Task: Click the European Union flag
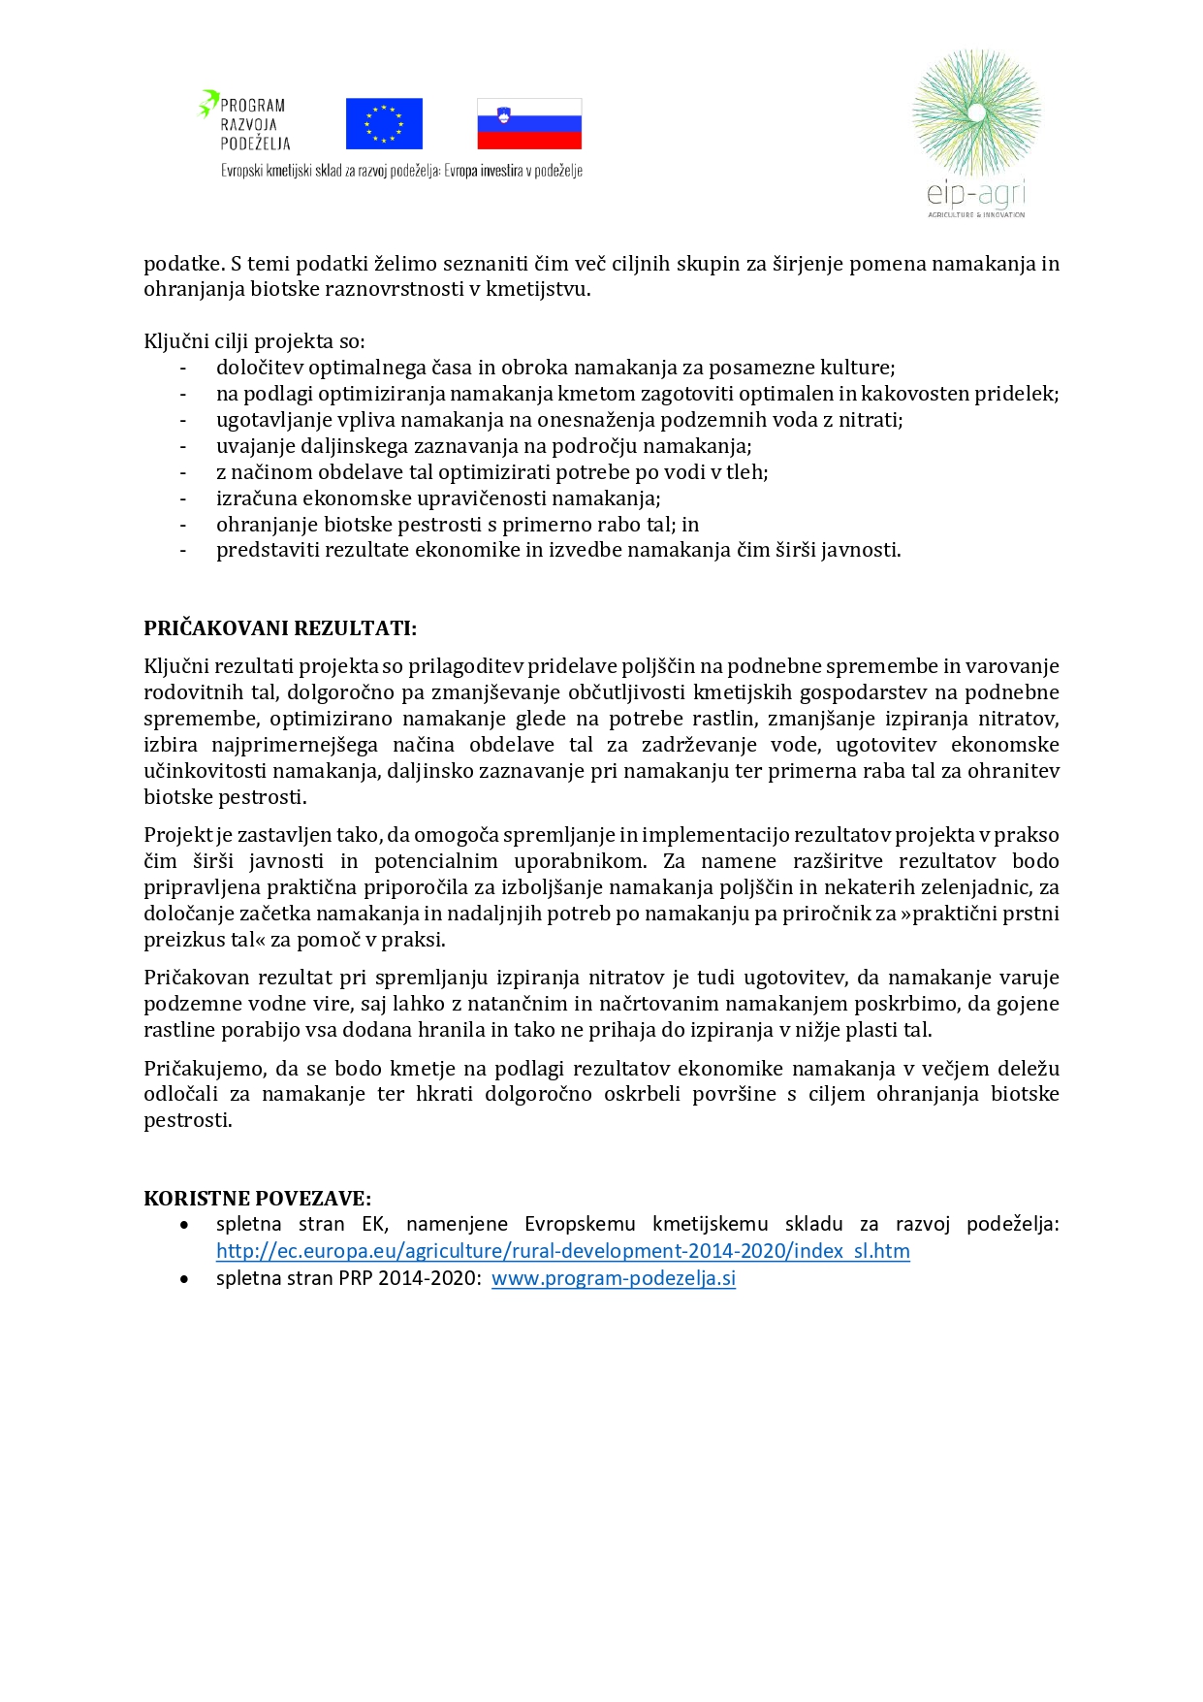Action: (x=384, y=123)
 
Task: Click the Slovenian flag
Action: (x=529, y=123)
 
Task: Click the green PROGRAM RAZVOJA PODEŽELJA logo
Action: (x=245, y=122)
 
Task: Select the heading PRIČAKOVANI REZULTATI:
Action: (x=280, y=628)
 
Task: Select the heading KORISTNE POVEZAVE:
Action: (x=258, y=1198)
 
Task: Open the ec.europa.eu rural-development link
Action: (x=562, y=1251)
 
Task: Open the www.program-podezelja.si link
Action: (x=613, y=1278)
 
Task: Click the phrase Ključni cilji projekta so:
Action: (x=254, y=341)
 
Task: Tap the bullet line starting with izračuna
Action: (x=438, y=498)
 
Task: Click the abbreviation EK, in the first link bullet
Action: (x=374, y=1224)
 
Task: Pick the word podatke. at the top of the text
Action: (x=184, y=264)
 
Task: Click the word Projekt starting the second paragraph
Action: (x=177, y=835)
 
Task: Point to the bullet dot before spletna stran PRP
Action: (x=184, y=1279)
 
